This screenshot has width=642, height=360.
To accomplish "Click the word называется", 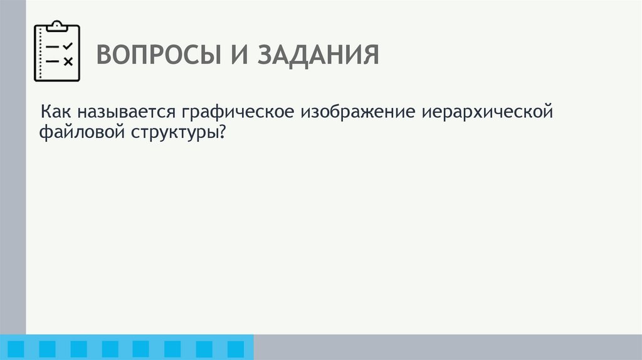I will (127, 113).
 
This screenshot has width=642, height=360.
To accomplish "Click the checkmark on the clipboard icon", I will (68, 46).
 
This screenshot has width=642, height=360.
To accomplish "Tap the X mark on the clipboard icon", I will (68, 61).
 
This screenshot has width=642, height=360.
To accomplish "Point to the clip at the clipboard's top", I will (57, 25).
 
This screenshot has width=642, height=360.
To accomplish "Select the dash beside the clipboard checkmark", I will (53, 47).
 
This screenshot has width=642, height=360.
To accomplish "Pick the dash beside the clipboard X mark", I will (53, 61).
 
